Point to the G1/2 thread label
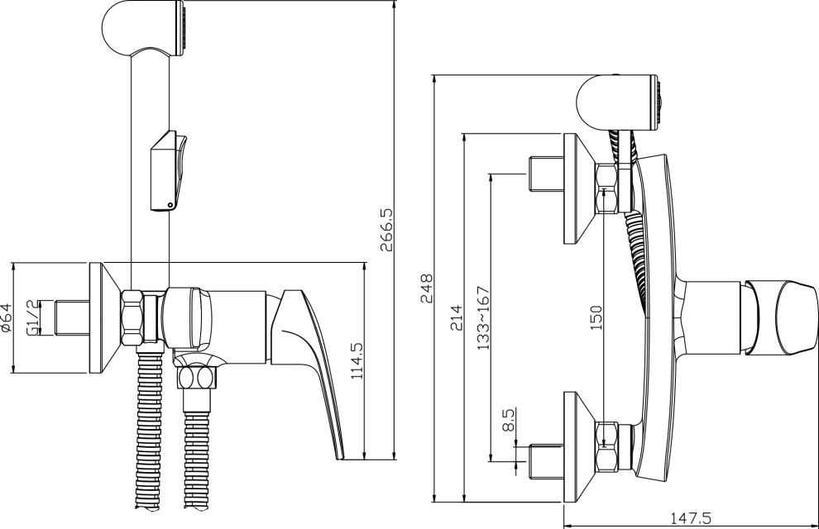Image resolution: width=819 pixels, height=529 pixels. (x=32, y=317)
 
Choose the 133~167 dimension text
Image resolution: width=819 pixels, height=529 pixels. (x=484, y=317)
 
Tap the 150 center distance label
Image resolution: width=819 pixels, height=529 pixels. (x=596, y=317)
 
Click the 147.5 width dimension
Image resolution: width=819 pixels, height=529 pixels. (x=691, y=518)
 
